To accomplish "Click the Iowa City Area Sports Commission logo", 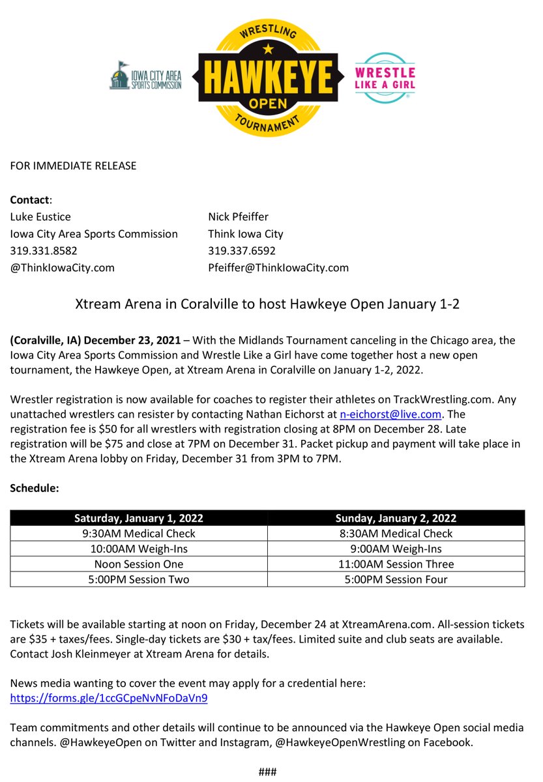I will click(145, 76).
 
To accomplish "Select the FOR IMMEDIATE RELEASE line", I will click(73, 166).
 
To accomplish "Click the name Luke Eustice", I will click(40, 216).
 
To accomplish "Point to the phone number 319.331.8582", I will click(44, 250).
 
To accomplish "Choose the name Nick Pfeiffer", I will click(238, 216).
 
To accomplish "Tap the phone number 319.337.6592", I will click(242, 250).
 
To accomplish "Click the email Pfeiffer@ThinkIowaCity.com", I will click(278, 267).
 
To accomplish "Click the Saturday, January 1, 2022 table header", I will click(139, 518).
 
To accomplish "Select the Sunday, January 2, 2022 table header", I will click(396, 518).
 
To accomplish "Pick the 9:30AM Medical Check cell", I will click(139, 533).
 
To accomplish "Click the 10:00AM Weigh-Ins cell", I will click(139, 549).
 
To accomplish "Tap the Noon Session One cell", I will click(139, 564).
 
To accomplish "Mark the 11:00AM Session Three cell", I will click(396, 564).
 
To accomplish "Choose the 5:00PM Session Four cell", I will click(396, 579).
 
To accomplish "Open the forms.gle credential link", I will click(109, 698).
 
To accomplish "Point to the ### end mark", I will click(268, 772).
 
